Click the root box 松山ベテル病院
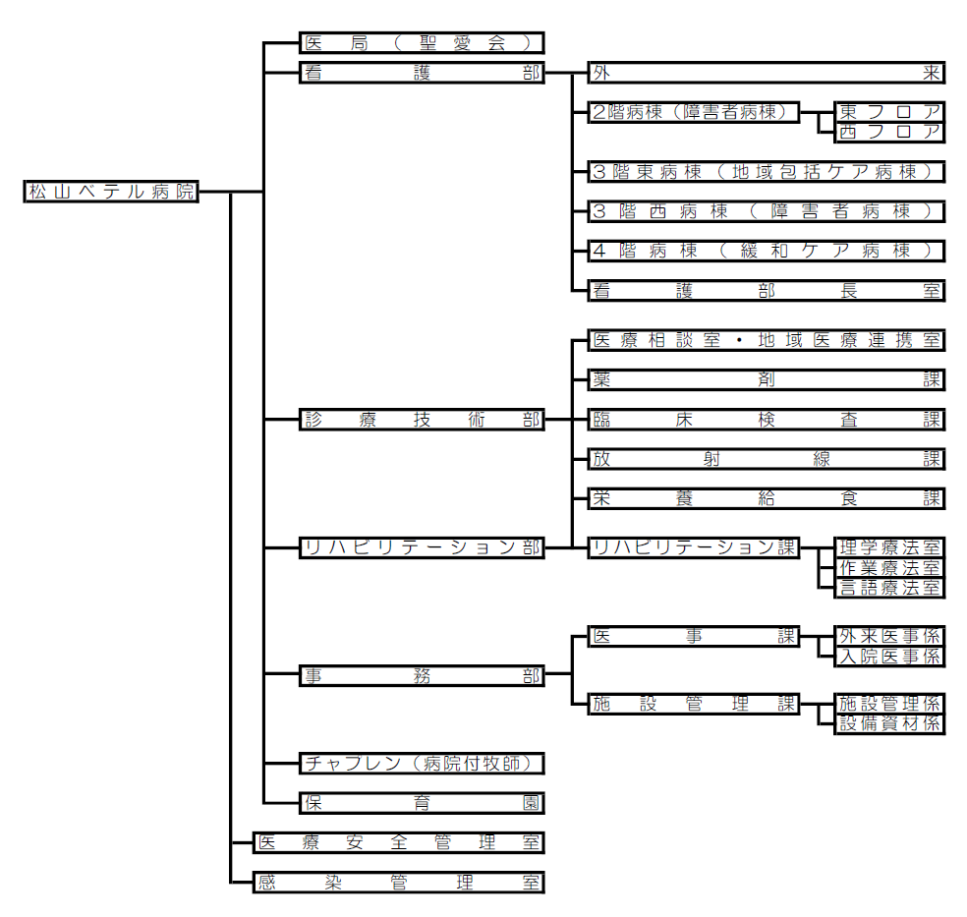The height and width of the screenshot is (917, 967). (111, 192)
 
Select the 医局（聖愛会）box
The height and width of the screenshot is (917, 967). (422, 43)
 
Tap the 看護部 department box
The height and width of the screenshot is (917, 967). (422, 73)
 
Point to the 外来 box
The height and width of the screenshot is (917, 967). (766, 73)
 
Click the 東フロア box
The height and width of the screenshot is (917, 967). (889, 112)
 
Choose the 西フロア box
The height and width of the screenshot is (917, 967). (889, 132)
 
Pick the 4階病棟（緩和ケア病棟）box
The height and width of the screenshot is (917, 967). (766, 251)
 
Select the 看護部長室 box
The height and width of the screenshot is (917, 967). (766, 290)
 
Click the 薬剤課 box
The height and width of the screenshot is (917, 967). (766, 379)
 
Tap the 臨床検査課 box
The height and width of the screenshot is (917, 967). (766, 420)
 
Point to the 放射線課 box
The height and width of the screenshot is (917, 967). (766, 459)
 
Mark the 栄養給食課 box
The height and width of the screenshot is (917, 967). (766, 498)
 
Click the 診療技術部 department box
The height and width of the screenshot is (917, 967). (422, 420)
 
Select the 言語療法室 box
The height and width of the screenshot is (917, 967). (889, 588)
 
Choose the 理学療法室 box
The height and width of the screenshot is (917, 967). (889, 547)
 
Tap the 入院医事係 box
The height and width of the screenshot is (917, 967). (889, 657)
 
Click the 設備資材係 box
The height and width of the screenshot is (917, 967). (889, 724)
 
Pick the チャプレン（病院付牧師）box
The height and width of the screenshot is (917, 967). (422, 764)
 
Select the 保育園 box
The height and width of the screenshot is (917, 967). (422, 803)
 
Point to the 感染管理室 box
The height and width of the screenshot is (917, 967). (398, 882)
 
